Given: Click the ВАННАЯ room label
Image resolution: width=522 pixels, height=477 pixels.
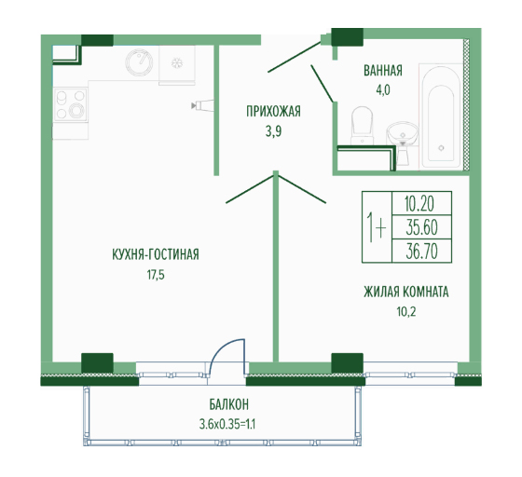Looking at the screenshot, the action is (x=383, y=71).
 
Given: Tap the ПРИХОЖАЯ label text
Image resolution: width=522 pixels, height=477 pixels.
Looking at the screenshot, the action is (x=273, y=112).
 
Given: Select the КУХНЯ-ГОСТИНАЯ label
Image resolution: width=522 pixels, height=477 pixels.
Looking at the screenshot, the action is (x=156, y=254).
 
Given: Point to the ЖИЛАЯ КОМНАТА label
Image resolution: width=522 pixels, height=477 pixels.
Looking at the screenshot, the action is (x=406, y=292).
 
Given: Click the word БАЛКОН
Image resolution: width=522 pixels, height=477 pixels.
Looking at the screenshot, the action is (x=229, y=405).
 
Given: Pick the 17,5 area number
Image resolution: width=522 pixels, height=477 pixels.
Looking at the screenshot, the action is (x=156, y=275).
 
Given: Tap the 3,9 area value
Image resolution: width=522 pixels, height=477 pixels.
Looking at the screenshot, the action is (x=273, y=131).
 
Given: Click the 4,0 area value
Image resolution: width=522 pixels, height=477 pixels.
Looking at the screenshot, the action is (x=383, y=90).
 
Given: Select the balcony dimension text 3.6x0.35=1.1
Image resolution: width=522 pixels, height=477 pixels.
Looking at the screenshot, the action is (x=227, y=424).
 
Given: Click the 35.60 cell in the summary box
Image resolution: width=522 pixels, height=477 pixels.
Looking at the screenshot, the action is (x=421, y=227).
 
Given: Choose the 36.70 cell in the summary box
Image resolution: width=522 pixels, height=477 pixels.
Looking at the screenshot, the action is (x=421, y=251).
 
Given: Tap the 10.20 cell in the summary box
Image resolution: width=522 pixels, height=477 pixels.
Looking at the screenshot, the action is (x=421, y=204).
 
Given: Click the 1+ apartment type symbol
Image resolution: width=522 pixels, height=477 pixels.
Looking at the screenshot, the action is (x=377, y=227).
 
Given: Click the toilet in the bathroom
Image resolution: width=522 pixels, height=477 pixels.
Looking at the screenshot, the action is (x=362, y=125).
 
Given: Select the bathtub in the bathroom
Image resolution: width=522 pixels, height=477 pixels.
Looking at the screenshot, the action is (x=441, y=117).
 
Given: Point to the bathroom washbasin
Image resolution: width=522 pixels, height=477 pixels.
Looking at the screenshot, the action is (x=403, y=134).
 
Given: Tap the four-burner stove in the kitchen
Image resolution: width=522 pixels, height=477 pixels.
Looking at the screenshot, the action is (x=70, y=105).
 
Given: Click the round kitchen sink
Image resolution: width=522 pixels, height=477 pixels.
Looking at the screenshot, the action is (x=139, y=62).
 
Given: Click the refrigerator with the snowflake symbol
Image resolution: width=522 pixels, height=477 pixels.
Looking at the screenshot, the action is (x=177, y=63).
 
